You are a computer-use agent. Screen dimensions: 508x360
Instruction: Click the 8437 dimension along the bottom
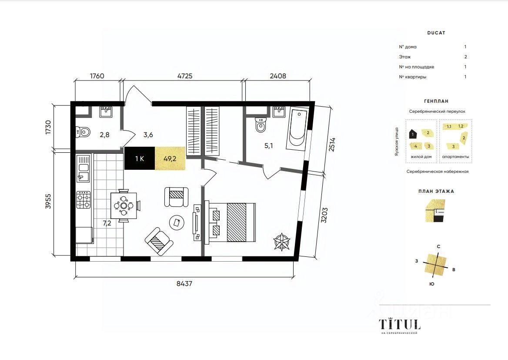(184, 283)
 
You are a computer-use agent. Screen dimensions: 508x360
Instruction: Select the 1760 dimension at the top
(97, 76)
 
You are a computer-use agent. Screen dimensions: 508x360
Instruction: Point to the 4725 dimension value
(185, 76)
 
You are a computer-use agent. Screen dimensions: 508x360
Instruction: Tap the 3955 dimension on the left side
(48, 202)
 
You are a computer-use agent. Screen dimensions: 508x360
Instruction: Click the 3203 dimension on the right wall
(324, 215)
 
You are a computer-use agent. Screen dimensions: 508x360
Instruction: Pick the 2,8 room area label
(105, 135)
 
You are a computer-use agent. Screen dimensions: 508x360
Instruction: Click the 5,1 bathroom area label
(269, 146)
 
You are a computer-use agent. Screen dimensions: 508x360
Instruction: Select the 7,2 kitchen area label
(107, 223)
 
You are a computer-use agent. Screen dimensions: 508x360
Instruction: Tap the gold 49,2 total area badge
(170, 158)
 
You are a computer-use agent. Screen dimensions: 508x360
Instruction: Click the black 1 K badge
(140, 158)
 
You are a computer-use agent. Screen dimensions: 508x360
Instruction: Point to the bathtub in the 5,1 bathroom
(297, 130)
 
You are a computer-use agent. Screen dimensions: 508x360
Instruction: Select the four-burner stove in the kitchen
(83, 200)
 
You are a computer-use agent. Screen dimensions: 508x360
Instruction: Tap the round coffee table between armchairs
(177, 223)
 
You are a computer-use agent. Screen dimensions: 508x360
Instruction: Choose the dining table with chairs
(124, 205)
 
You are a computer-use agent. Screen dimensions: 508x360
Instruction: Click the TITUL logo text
(400, 324)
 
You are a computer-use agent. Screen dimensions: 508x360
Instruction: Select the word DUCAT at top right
(436, 33)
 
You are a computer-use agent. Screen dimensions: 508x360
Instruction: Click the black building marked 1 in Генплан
(413, 134)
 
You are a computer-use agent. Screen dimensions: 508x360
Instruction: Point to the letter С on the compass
(438, 246)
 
